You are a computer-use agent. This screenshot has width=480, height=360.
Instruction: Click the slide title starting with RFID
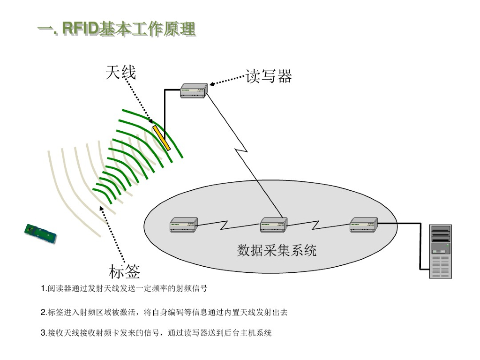[117, 29]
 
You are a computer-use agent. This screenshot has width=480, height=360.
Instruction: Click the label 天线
[120, 73]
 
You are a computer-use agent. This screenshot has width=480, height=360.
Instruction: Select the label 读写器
[269, 76]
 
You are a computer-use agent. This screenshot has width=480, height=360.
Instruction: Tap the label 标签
[124, 271]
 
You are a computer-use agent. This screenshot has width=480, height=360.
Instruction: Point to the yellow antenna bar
[161, 137]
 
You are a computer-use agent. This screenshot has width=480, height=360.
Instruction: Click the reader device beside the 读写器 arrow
[194, 90]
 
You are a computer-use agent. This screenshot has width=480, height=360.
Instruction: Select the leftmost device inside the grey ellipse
[183, 225]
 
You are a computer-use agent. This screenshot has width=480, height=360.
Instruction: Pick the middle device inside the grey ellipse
[274, 225]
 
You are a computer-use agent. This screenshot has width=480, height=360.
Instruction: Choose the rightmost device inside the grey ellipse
[364, 225]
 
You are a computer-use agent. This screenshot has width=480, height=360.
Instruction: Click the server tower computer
[441, 251]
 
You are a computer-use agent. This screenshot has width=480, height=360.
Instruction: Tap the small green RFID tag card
[41, 233]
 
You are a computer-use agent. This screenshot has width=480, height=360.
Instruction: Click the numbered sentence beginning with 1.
[124, 288]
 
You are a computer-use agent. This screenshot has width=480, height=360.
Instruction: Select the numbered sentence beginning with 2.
[164, 312]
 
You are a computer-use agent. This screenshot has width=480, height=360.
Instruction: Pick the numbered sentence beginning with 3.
[156, 333]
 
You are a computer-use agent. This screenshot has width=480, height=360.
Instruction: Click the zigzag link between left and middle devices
[229, 224]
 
